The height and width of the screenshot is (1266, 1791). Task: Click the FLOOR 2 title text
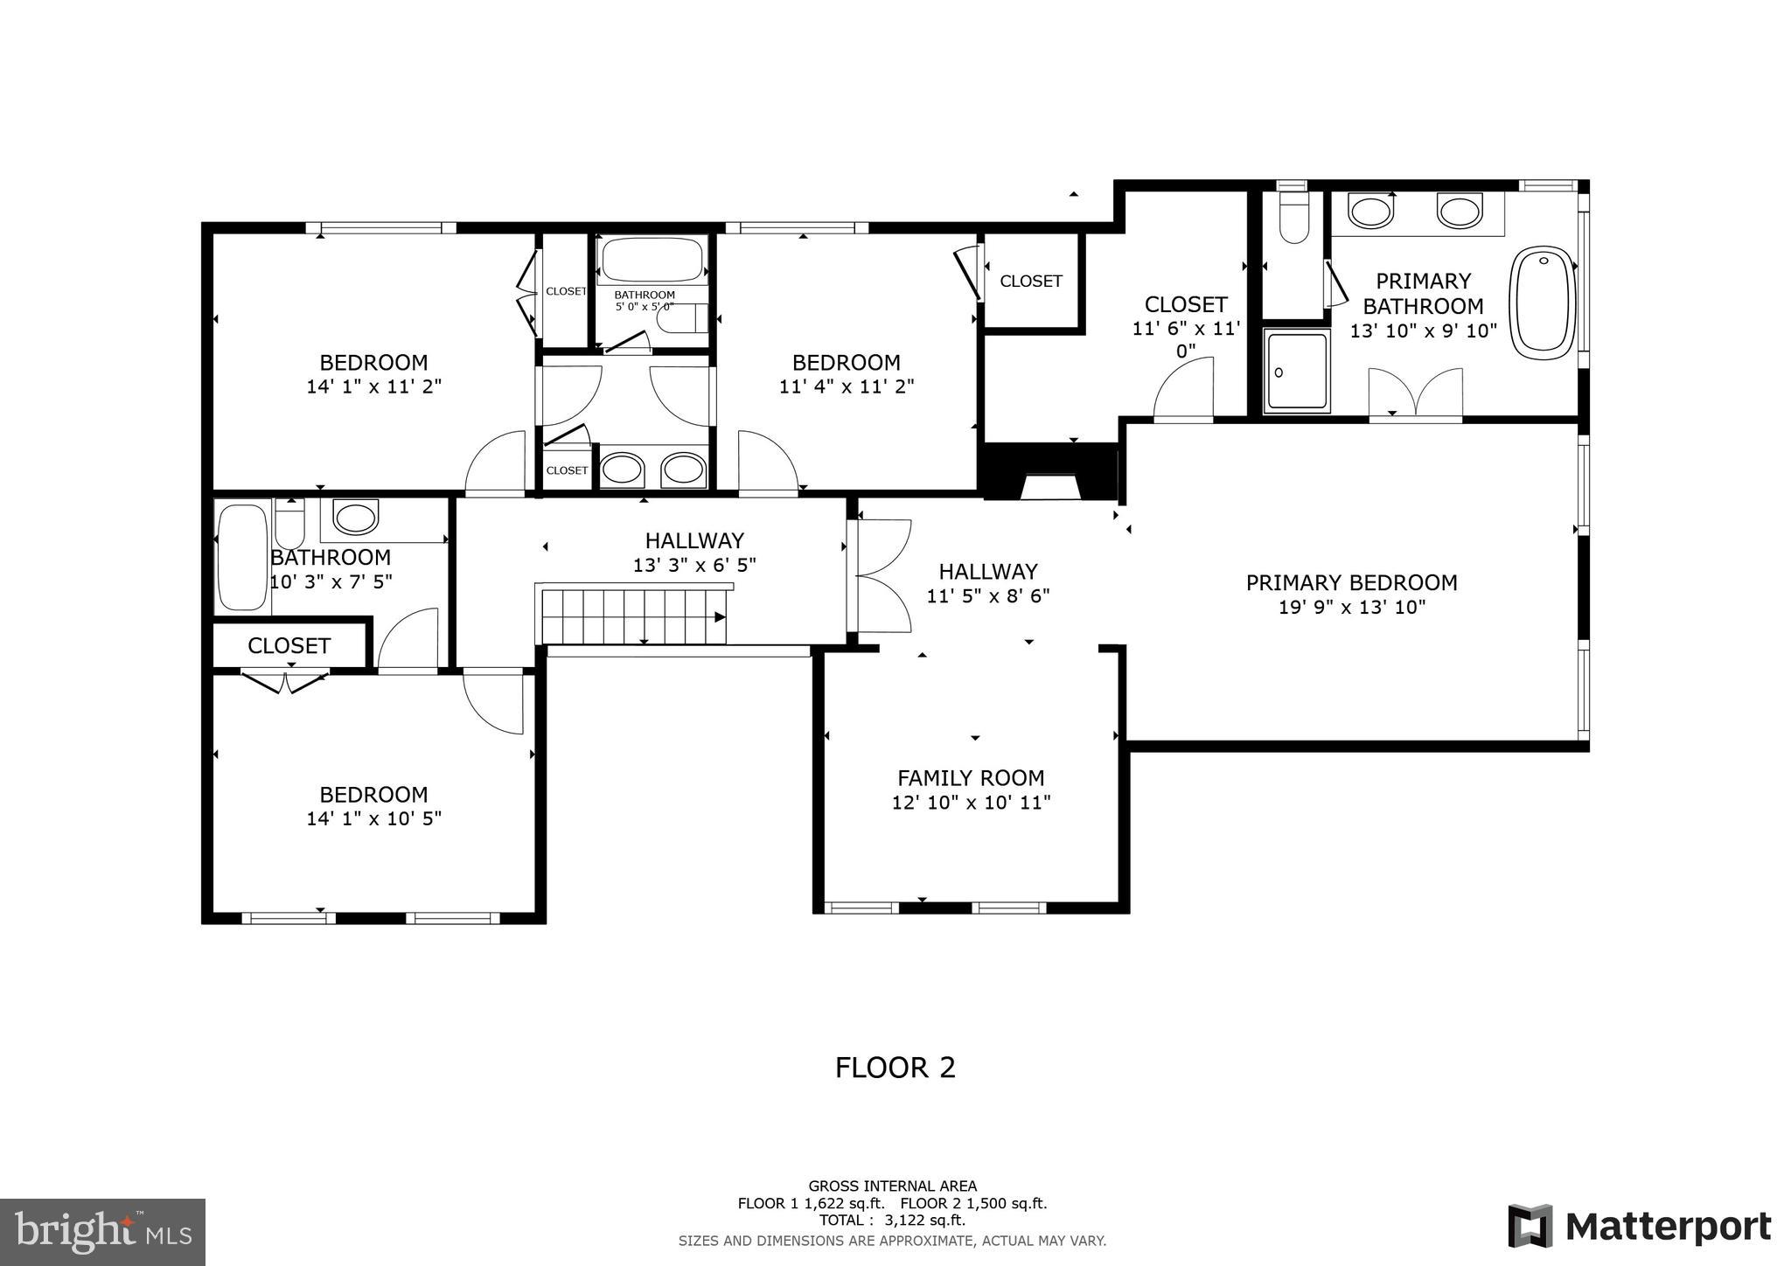(895, 1068)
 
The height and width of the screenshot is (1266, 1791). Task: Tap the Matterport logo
(1639, 1226)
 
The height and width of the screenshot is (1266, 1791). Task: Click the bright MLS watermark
(102, 1232)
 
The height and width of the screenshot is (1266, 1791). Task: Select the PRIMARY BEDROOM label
(1351, 582)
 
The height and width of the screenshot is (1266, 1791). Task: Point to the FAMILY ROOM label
(971, 777)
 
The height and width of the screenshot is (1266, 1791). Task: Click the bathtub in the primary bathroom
(1544, 303)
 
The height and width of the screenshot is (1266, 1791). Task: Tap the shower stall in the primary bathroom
(1297, 371)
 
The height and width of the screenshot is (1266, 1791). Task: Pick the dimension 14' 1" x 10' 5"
(373, 819)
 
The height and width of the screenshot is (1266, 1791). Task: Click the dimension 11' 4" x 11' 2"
(847, 386)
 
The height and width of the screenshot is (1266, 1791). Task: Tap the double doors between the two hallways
(883, 575)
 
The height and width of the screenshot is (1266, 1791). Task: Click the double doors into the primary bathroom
(1415, 395)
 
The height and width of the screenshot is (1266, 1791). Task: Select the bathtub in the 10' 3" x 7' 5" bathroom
(241, 556)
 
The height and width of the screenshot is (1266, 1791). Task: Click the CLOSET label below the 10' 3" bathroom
(289, 646)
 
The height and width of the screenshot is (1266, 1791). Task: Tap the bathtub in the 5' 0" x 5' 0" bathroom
(652, 259)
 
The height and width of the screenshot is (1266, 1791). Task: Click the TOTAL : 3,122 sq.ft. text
(892, 1221)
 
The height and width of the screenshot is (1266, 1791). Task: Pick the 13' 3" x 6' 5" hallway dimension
(694, 566)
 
